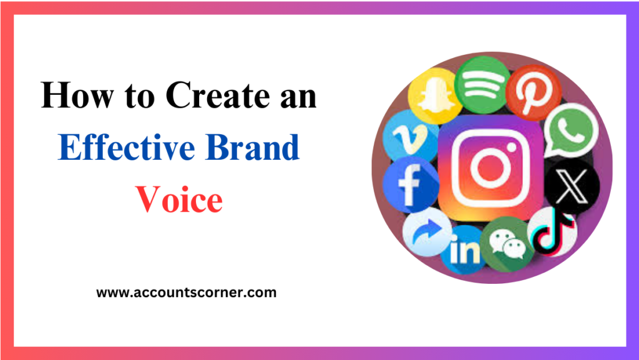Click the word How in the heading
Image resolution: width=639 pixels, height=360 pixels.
pyautogui.click(x=71, y=98)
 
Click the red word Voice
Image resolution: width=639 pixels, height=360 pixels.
pyautogui.click(x=179, y=200)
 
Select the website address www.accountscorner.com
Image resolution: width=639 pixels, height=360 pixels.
pyautogui.click(x=186, y=292)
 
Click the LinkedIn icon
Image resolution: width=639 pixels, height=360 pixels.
pyautogui.click(x=462, y=248)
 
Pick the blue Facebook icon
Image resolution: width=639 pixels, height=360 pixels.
pyautogui.click(x=409, y=185)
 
